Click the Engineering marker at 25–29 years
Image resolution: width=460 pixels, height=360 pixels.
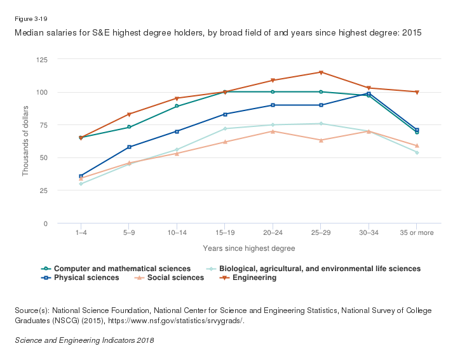click(x=321, y=72)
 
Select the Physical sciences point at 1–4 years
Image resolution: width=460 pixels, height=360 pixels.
click(x=81, y=176)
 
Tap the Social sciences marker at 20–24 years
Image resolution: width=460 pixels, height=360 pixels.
click(x=273, y=131)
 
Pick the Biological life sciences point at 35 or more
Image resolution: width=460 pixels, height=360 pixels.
click(x=417, y=152)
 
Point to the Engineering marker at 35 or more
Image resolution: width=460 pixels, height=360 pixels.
click(x=417, y=92)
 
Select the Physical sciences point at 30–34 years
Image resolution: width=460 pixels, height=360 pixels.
click(x=369, y=93)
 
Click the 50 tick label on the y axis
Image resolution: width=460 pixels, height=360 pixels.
click(x=45, y=158)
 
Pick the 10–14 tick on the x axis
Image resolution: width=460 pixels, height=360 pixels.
click(x=177, y=233)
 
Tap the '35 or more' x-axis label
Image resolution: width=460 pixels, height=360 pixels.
click(x=417, y=233)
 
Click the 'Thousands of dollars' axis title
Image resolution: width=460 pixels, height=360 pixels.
click(x=26, y=141)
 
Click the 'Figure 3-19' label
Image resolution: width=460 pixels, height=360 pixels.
click(x=30, y=19)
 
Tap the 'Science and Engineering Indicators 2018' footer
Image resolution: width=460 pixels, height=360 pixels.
click(x=84, y=340)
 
